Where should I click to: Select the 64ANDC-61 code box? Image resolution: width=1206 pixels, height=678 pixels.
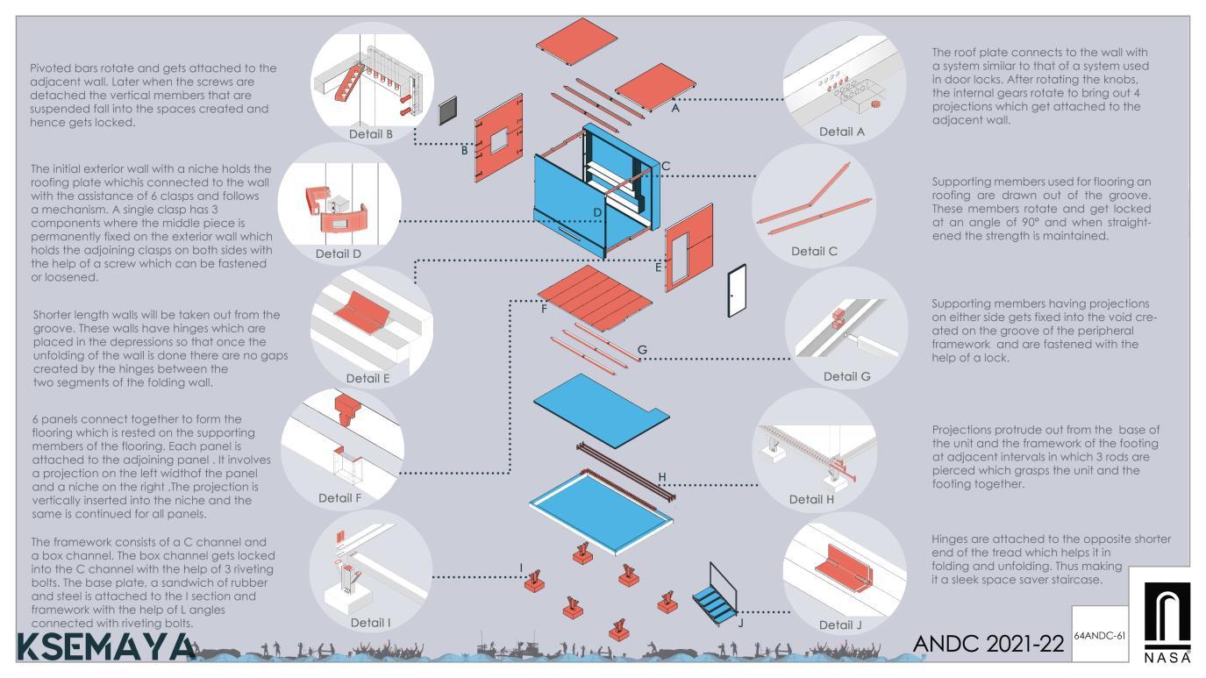click(x=1098, y=633)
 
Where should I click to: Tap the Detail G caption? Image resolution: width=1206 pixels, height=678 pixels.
click(x=847, y=376)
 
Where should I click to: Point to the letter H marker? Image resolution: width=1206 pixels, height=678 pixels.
click(x=662, y=477)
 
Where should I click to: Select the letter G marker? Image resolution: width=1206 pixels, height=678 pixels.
click(x=642, y=351)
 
